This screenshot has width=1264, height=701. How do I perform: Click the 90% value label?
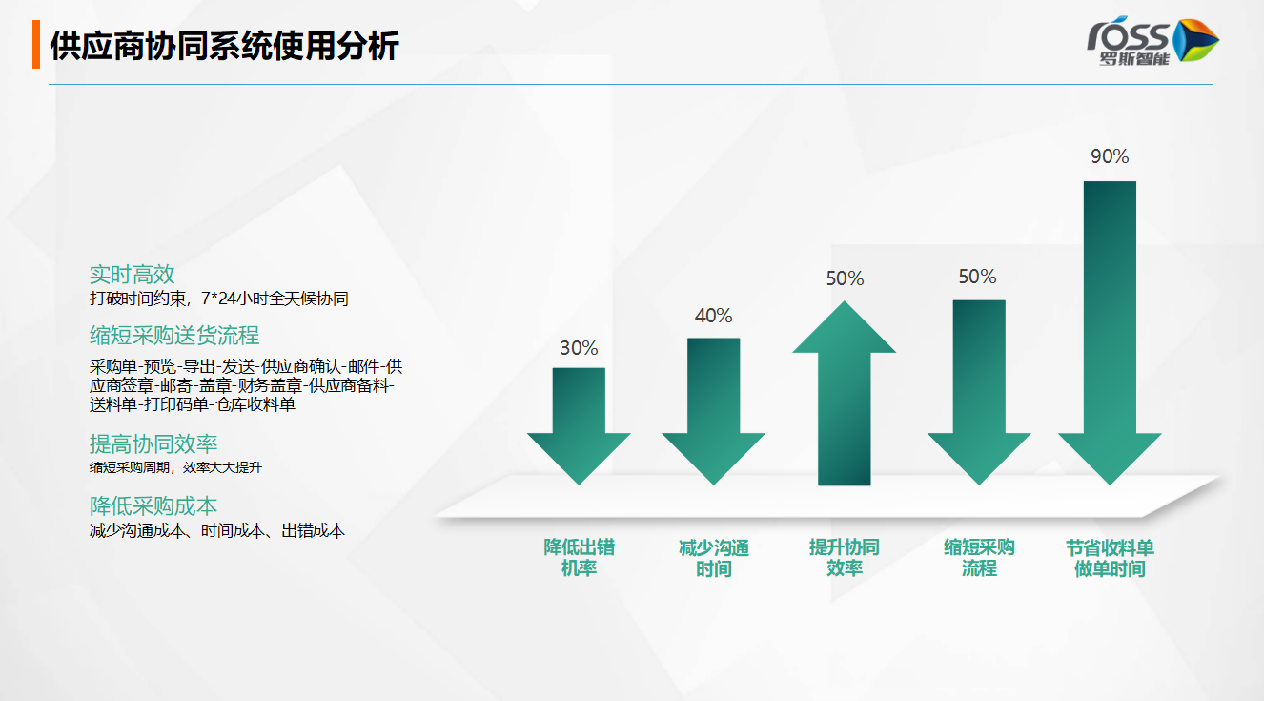click(x=1110, y=156)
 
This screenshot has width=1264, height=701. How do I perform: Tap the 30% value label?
click(x=579, y=348)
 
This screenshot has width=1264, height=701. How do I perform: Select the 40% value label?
click(x=713, y=316)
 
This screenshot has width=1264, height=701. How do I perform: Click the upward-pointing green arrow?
click(x=845, y=393)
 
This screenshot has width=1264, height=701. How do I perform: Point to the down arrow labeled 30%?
click(x=579, y=426)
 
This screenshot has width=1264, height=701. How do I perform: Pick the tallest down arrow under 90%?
click(x=1110, y=333)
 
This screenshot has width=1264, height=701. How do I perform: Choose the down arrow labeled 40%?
click(x=713, y=411)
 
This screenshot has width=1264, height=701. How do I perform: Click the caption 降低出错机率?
click(x=579, y=558)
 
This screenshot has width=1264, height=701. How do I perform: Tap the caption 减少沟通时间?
click(x=714, y=558)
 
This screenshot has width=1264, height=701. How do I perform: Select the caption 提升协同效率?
click(x=845, y=558)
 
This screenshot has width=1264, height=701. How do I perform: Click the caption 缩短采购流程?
click(x=979, y=558)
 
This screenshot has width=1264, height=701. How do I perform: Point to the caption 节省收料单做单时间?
click(x=1110, y=558)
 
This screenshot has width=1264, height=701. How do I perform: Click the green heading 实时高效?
click(x=133, y=275)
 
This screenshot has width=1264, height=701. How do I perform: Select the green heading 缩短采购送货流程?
click(x=174, y=336)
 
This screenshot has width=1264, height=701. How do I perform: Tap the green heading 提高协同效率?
click(x=153, y=444)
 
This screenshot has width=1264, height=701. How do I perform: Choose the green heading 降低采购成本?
click(x=153, y=506)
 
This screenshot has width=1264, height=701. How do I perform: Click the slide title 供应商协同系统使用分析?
click(x=225, y=45)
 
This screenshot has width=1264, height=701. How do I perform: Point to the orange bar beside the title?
click(x=36, y=45)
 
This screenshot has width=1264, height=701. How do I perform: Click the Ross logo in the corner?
click(x=1152, y=41)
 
